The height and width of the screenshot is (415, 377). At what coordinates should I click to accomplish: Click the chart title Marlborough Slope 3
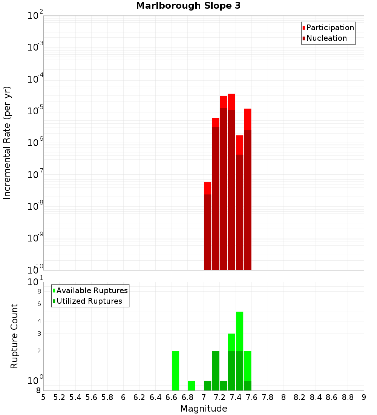(188, 6)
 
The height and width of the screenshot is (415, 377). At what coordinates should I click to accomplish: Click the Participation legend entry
(330, 28)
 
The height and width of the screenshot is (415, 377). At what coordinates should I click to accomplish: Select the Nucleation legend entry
(326, 38)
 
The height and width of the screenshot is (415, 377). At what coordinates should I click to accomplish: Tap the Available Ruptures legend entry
(92, 290)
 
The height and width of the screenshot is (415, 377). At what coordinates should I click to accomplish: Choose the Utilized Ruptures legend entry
(89, 301)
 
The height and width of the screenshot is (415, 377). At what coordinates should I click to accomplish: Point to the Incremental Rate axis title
(7, 143)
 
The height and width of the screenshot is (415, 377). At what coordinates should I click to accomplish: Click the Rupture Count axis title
(14, 336)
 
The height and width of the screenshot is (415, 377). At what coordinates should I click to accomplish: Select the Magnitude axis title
(204, 409)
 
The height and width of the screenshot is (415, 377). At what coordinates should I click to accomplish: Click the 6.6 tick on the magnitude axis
(172, 397)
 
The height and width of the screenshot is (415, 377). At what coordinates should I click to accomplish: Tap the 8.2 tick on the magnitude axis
(300, 397)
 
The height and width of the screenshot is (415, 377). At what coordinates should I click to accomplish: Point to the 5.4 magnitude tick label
(75, 397)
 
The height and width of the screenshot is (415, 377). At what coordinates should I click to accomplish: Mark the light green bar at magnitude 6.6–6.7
(175, 370)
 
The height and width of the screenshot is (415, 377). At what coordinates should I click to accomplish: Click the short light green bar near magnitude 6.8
(192, 386)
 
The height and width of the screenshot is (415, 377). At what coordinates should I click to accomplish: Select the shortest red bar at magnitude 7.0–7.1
(207, 226)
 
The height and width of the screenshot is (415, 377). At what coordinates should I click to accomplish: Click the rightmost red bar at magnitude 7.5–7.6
(247, 189)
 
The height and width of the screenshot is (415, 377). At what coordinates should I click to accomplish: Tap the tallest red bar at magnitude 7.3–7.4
(231, 181)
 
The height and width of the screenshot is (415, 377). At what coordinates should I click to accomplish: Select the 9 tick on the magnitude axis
(364, 397)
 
